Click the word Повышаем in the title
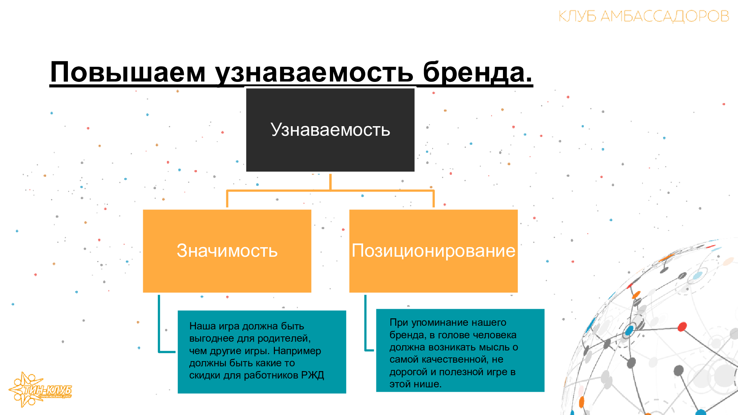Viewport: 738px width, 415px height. [128, 72]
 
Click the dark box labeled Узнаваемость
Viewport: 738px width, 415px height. [330, 130]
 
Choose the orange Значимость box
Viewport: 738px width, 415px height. [227, 251]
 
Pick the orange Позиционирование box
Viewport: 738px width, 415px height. [433, 251]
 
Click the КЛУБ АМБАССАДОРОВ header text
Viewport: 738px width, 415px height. [644, 16]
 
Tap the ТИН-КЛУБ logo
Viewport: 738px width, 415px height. [41, 390]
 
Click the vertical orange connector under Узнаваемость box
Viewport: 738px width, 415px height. [330, 182]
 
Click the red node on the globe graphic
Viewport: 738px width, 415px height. [682, 326]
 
